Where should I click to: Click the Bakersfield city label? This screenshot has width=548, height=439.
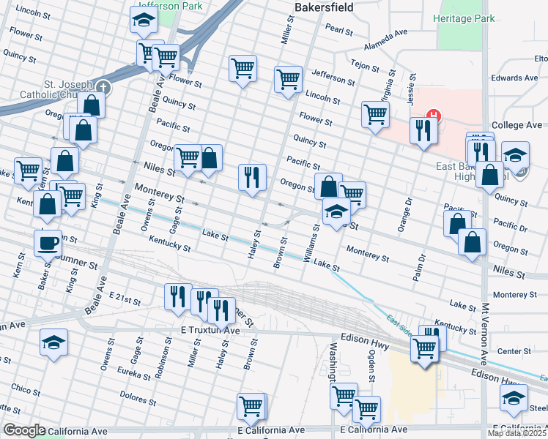pyautogui.click(x=323, y=7)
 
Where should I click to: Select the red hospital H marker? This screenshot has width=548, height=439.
pyautogui.click(x=434, y=116)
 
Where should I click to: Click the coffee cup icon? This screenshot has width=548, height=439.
pyautogui.click(x=48, y=242)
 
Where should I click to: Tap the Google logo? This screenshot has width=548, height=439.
pyautogui.click(x=24, y=430)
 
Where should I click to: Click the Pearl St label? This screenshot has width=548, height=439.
pyautogui.click(x=340, y=30)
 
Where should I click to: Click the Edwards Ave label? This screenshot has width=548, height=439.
pyautogui.click(x=514, y=78)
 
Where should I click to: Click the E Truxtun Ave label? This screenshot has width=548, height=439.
pyautogui.click(x=210, y=331)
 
